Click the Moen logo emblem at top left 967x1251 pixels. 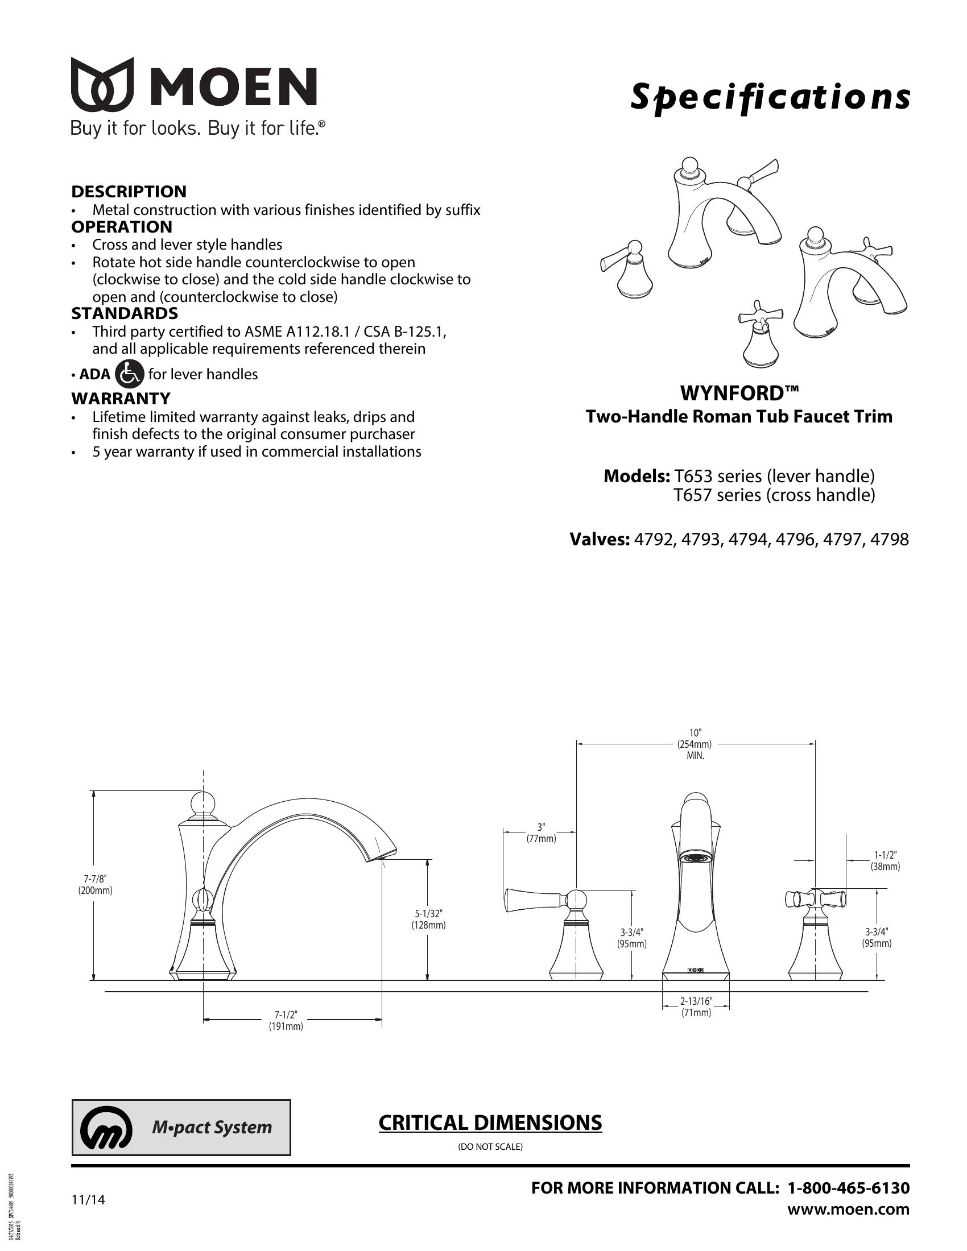102,84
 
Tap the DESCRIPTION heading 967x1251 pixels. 129,191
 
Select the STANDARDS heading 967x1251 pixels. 125,313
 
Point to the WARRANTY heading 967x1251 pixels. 121,398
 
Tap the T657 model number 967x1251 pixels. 693,495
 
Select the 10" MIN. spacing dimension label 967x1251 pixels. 695,744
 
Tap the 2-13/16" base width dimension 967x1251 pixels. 696,1006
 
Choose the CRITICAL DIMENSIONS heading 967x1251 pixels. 490,1122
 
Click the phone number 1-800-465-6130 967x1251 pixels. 849,1188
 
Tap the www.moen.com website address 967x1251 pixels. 849,1209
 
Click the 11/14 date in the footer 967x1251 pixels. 88,1199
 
